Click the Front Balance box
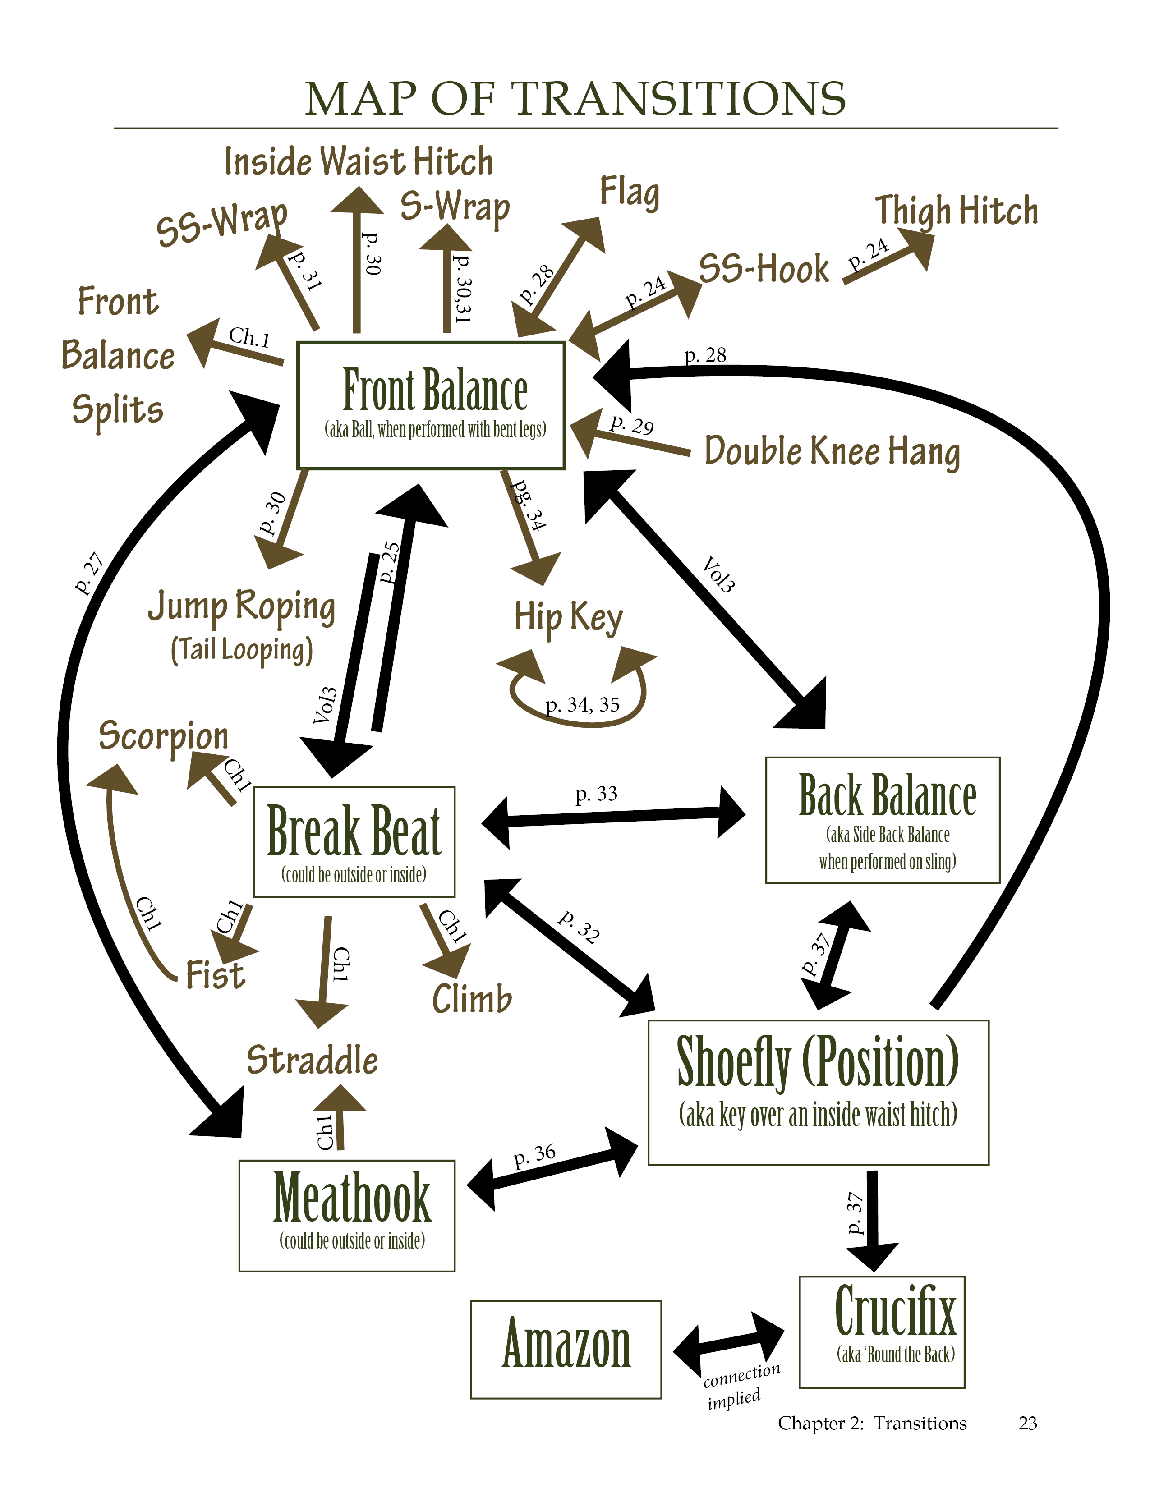tap(431, 405)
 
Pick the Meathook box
tap(347, 1216)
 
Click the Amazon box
tap(566, 1349)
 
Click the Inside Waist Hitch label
tap(359, 162)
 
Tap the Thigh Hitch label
tap(957, 211)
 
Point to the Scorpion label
tap(164, 736)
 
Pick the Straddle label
tap(312, 1061)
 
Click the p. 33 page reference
tap(596, 794)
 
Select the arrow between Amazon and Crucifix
tap(729, 1344)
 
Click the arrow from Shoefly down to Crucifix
tap(872, 1220)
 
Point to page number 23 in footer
tap(1027, 1423)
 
